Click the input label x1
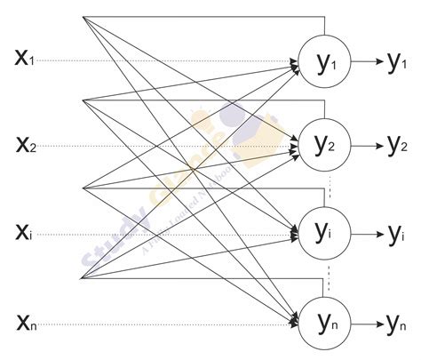[x=25, y=60]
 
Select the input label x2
[x=25, y=144]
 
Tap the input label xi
[x=25, y=233]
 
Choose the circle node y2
[x=324, y=144]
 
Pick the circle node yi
[x=324, y=233]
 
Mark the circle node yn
[x=324, y=322]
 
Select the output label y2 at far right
[x=397, y=144]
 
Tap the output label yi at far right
[x=395, y=233]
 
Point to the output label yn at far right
[x=397, y=322]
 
